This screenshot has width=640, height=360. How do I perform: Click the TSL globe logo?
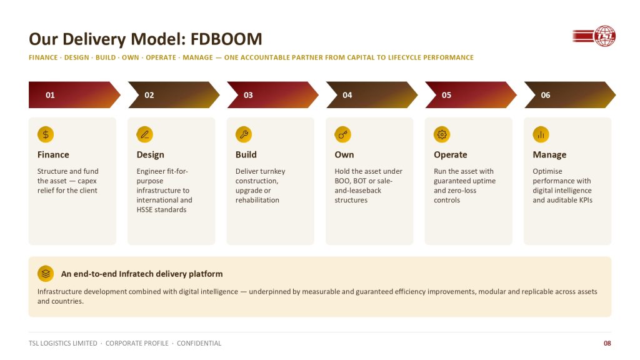pyautogui.click(x=594, y=36)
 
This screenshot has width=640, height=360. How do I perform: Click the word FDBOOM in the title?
pyautogui.click(x=226, y=39)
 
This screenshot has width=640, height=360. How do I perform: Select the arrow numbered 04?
pyautogui.click(x=372, y=95)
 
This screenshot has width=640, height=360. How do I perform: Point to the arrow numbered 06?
pyautogui.click(x=570, y=95)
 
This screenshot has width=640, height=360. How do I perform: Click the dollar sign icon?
pyautogui.click(x=46, y=134)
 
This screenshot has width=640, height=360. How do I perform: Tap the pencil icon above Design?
pyautogui.click(x=145, y=134)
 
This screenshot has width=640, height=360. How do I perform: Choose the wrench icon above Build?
pyautogui.click(x=244, y=134)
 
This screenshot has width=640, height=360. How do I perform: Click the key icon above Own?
pyautogui.click(x=343, y=134)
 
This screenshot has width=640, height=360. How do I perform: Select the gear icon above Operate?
pyautogui.click(x=442, y=134)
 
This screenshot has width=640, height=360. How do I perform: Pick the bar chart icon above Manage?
pyautogui.click(x=541, y=134)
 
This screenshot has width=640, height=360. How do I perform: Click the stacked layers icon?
pyautogui.click(x=46, y=274)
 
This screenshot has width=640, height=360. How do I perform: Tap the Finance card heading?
pyautogui.click(x=53, y=155)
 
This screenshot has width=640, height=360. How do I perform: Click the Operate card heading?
pyautogui.click(x=451, y=155)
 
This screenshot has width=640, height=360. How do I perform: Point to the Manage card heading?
pyautogui.click(x=549, y=155)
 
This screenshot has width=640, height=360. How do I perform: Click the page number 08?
pyautogui.click(x=607, y=343)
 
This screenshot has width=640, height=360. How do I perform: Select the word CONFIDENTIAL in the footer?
pyautogui.click(x=199, y=343)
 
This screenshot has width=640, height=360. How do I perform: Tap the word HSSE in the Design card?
pyautogui.click(x=144, y=210)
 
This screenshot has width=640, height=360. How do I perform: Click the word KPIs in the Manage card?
pyautogui.click(x=585, y=200)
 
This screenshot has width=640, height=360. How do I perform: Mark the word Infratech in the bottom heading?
pyautogui.click(x=136, y=274)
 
